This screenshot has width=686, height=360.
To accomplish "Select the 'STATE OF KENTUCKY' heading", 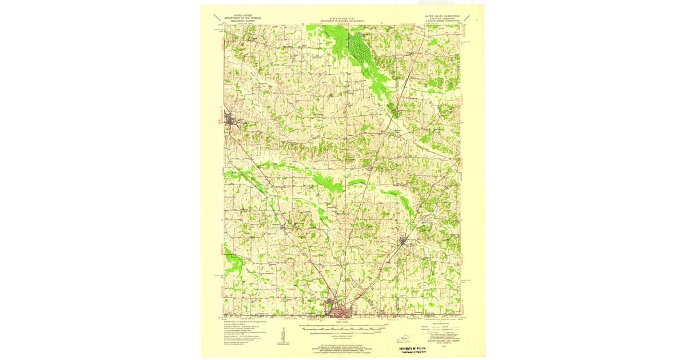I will pyautogui.click(x=342, y=18).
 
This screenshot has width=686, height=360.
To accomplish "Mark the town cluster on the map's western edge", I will pyautogui.click(x=230, y=121).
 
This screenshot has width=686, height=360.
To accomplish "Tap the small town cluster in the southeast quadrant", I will pyautogui.click(x=407, y=241).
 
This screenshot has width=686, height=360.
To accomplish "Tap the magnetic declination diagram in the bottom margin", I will pyautogui.click(x=282, y=336).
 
